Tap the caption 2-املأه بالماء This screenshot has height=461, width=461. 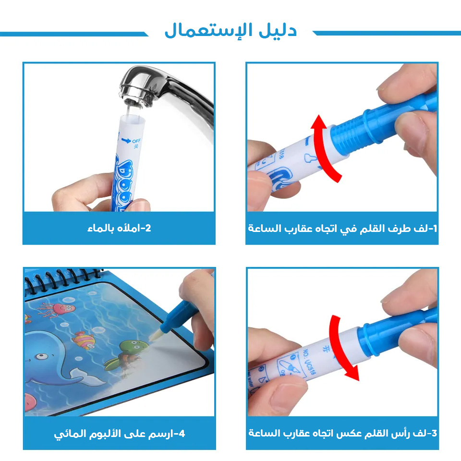click(119, 228)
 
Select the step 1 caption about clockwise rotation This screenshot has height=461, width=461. click(342, 228)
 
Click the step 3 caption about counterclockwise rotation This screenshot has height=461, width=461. click(342, 433)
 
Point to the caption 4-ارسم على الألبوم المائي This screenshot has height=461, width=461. click(119, 434)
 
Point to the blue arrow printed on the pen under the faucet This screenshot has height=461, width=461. click(126, 141)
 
